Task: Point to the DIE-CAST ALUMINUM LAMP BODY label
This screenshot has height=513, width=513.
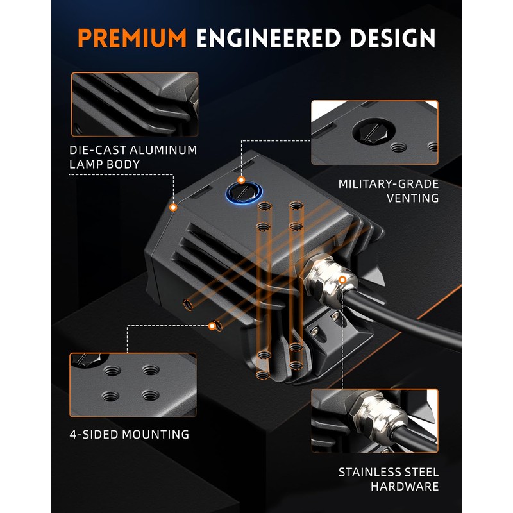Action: tap(133, 157)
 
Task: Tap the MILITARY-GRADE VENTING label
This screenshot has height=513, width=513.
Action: tap(389, 191)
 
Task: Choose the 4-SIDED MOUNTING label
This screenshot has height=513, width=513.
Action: tap(130, 434)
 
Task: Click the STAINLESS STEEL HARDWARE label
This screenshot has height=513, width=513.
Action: tap(389, 480)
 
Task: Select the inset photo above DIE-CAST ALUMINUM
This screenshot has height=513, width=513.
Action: tap(135, 104)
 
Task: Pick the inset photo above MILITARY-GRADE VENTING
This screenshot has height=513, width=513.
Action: tap(375, 132)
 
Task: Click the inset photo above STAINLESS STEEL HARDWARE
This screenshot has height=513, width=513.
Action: tap(375, 421)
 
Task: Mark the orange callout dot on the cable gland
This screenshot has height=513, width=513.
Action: tap(342, 280)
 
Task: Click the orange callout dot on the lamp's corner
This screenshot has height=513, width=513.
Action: tap(173, 208)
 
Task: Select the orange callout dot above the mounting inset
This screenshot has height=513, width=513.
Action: tap(212, 326)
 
